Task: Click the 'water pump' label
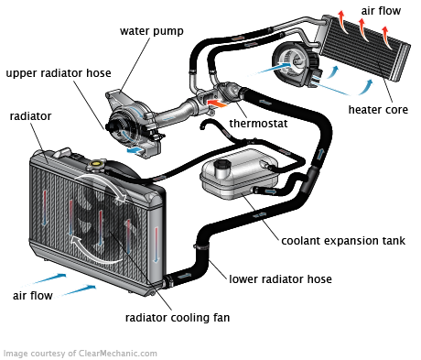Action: [152, 31]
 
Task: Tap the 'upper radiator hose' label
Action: [59, 73]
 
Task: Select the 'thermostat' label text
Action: [258, 124]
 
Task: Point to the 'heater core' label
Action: [378, 110]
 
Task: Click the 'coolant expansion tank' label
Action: [343, 241]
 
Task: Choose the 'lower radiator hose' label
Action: [280, 279]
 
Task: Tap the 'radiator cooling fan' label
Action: [178, 318]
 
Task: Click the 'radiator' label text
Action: [30, 116]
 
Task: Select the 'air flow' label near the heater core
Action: [381, 11]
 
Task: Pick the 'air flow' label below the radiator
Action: [33, 296]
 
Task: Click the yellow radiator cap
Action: [96, 164]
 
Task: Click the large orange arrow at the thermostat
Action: [217, 103]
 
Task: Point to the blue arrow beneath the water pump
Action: [135, 150]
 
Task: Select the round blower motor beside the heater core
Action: [296, 64]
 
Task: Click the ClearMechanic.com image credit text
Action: [81, 354]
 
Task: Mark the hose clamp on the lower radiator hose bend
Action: [201, 245]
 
